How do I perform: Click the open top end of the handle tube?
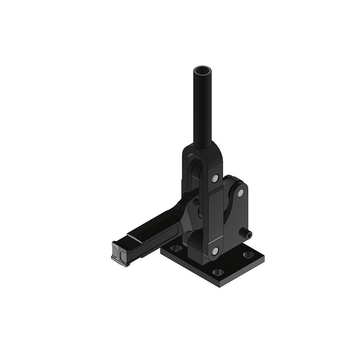coord(202,70)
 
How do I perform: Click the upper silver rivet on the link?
coord(215,178)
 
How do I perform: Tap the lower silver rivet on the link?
coord(215,251)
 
